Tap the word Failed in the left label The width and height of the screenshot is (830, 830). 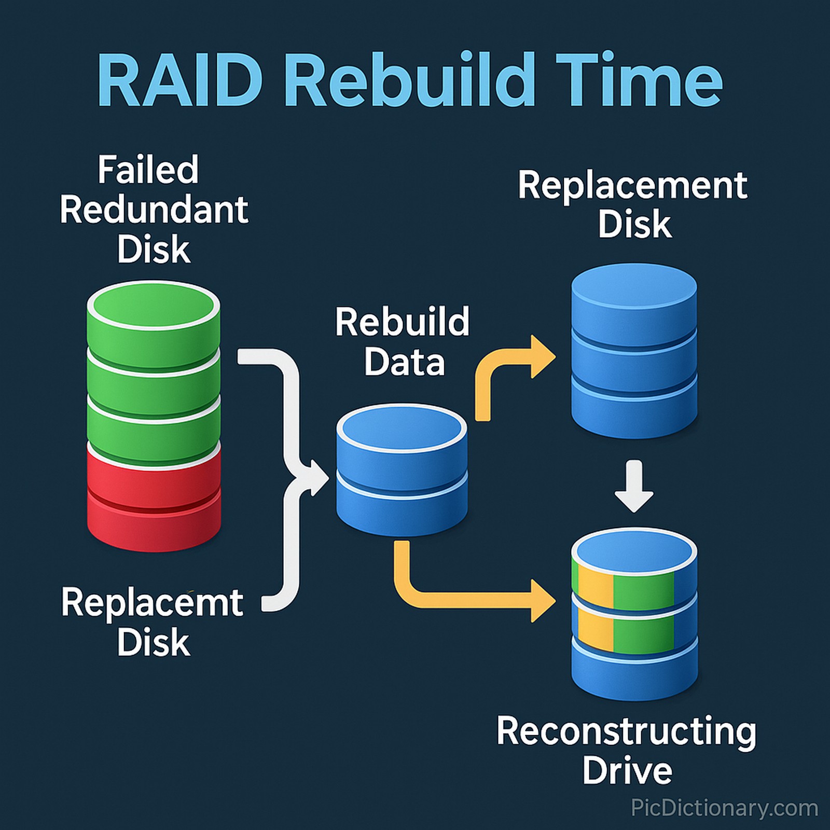pos(148,170)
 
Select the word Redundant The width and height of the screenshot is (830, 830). pos(154,210)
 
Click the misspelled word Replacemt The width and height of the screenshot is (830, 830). pos(152,603)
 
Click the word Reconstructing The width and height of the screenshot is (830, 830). pos(626,731)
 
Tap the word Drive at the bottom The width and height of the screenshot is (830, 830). pos(627,770)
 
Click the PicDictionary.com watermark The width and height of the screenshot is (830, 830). pos(724,808)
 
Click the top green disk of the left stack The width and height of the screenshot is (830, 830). pos(154,322)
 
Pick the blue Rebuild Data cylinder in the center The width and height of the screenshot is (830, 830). pos(402,472)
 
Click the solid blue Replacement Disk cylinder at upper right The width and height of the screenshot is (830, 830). pos(634,353)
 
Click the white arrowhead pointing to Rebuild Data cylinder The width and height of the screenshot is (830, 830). pos(317,477)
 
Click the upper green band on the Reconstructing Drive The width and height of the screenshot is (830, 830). pos(643,591)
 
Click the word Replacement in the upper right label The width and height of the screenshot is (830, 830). pos(632,185)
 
